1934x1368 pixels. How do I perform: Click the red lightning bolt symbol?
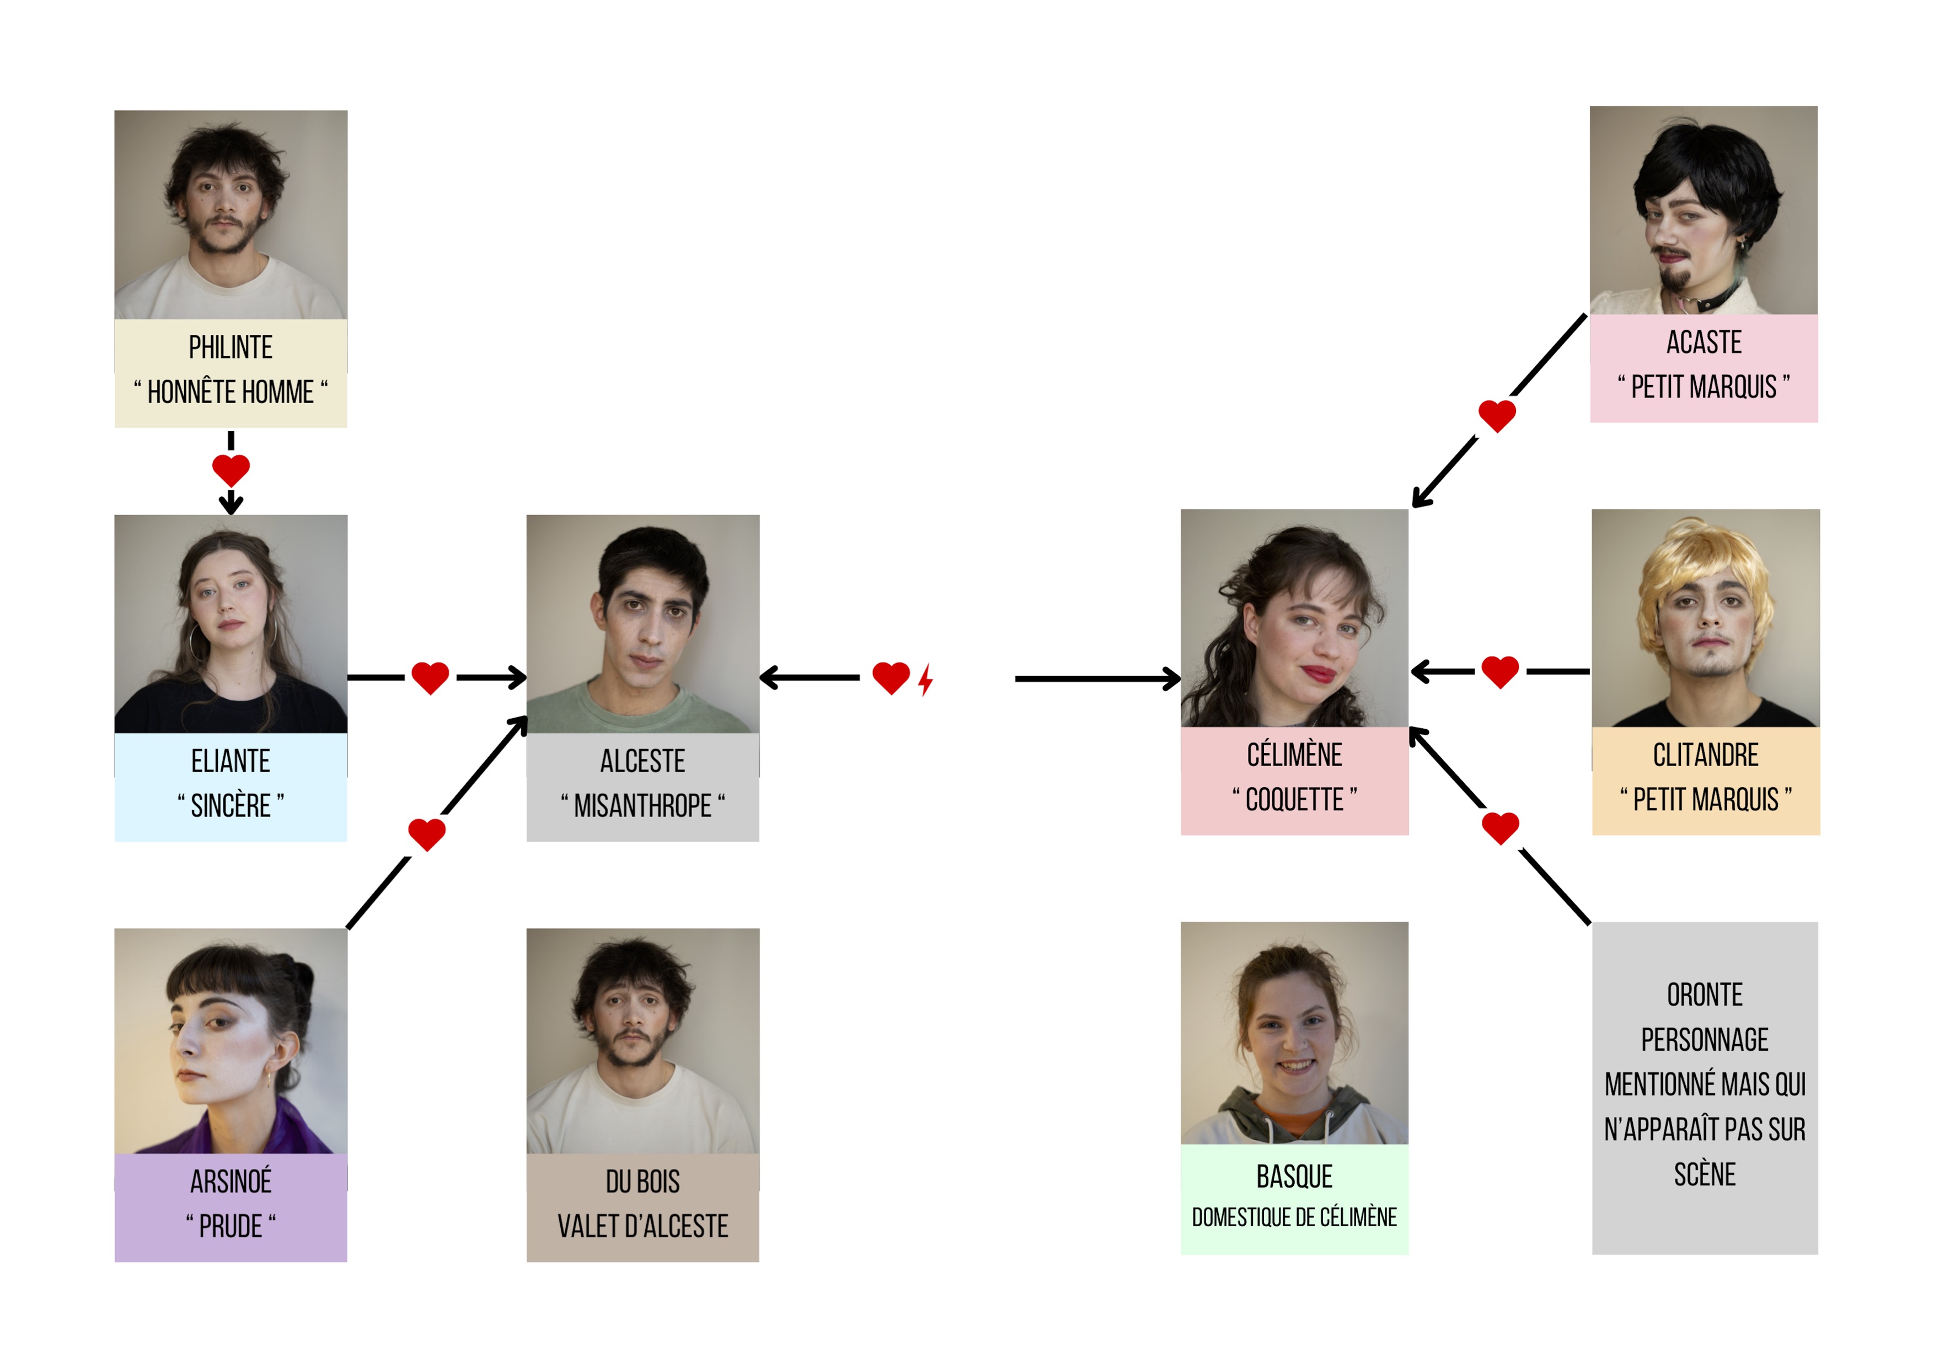[926, 680]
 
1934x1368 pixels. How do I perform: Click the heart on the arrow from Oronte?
[1500, 827]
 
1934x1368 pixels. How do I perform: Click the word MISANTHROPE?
[642, 806]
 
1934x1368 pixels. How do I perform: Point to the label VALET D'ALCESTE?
[642, 1226]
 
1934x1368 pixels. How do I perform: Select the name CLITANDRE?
[1705, 755]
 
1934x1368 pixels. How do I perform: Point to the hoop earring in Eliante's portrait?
[198, 643]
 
